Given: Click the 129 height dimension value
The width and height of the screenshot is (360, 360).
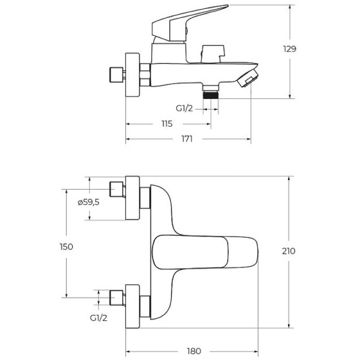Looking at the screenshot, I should point(290,49).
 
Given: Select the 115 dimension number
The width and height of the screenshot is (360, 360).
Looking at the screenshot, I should point(167,124).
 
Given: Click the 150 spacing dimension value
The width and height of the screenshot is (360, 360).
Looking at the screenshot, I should point(66,247).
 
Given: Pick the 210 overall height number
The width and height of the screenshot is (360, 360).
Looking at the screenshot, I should point(288,251).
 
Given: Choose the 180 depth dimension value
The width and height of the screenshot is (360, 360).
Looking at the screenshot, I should point(193,350).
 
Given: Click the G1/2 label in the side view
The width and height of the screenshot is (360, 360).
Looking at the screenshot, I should point(184,108).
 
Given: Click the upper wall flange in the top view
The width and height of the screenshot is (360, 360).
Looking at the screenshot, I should point(132,199).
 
